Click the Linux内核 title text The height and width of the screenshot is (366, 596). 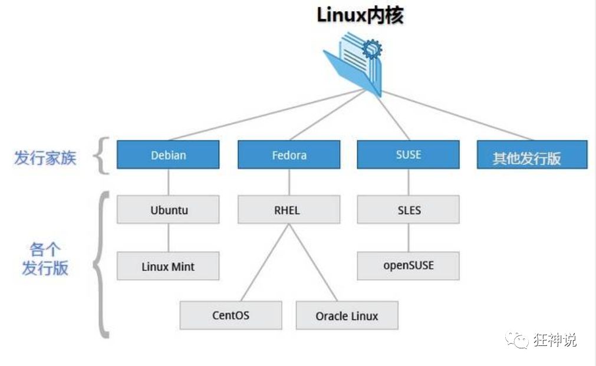click(360, 15)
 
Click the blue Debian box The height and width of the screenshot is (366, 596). click(168, 155)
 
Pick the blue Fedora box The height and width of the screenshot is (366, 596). click(289, 155)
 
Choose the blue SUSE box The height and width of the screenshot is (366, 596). click(408, 154)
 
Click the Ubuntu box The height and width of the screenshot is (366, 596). click(168, 210)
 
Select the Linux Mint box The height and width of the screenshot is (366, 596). click(168, 266)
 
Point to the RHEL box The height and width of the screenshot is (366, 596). click(289, 210)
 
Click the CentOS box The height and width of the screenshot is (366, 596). click(231, 315)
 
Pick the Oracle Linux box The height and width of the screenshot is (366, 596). click(347, 315)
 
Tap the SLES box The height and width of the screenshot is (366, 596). click(408, 210)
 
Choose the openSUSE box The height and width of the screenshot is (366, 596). click(408, 266)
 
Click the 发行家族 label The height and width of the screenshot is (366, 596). click(45, 157)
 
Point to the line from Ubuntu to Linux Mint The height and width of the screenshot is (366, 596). click(169, 238)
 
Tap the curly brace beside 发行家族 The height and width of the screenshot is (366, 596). click(103, 156)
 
